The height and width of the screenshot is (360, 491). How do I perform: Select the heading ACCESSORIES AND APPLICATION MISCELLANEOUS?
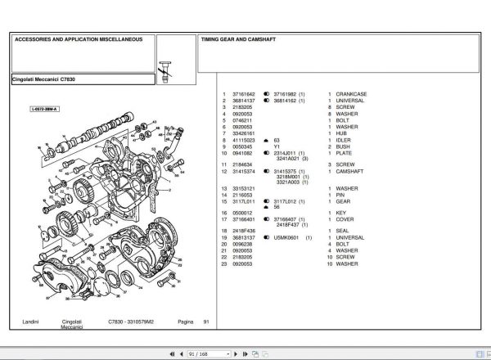point(79,39)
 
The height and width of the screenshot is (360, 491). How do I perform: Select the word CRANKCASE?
point(351,94)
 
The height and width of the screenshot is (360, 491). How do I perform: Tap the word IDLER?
point(344,140)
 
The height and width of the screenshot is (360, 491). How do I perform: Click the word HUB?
point(341,133)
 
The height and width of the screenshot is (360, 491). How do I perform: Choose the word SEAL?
point(343,232)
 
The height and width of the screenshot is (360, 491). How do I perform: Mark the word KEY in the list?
point(341,213)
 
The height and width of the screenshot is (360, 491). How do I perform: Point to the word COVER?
point(345,219)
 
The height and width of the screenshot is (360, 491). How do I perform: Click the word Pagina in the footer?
point(186,322)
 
